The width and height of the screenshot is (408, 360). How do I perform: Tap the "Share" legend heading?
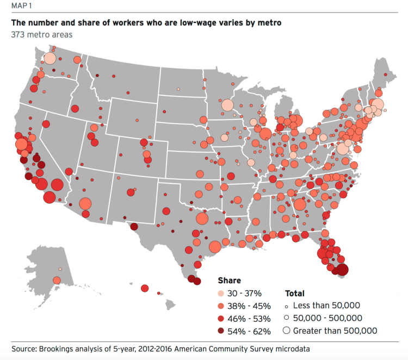[229, 281]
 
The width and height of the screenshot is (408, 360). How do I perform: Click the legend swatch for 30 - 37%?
[222, 293]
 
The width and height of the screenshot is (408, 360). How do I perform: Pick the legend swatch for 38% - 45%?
[222, 306]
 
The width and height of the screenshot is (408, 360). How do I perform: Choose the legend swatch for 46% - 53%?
[222, 318]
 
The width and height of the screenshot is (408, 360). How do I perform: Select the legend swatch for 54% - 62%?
[222, 331]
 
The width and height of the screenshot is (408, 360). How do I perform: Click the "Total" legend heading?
[294, 293]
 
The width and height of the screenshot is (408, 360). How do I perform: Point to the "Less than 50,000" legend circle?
[287, 306]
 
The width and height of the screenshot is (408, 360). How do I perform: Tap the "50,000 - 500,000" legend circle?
[287, 318]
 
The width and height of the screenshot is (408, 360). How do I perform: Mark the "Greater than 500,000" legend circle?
[287, 331]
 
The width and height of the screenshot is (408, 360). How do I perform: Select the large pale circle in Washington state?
[50, 59]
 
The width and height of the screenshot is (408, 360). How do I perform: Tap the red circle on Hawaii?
[145, 288]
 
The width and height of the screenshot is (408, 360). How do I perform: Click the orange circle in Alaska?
[57, 280]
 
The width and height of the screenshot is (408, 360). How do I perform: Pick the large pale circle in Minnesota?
[227, 105]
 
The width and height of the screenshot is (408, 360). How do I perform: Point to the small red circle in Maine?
[386, 75]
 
